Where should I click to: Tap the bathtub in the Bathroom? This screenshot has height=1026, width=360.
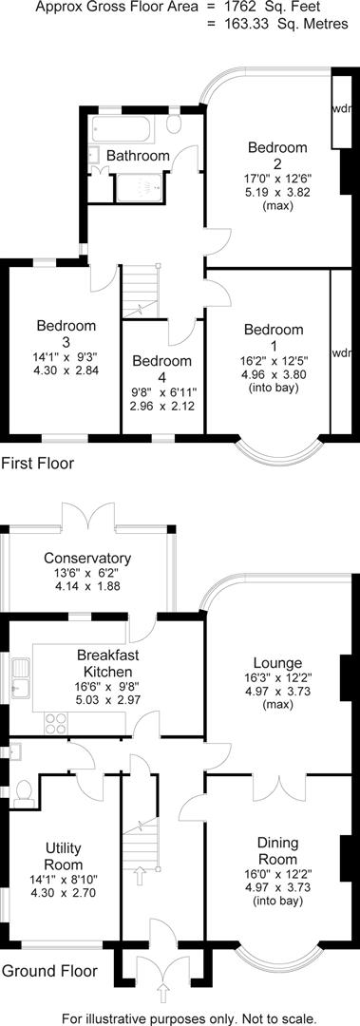pyautogui.click(x=126, y=129)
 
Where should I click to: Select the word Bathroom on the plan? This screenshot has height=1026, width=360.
pyautogui.click(x=138, y=156)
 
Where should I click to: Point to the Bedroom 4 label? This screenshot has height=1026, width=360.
pyautogui.click(x=162, y=369)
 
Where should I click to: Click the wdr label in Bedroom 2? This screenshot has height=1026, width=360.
pyautogui.click(x=341, y=108)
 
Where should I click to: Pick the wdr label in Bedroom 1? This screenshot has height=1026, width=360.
pyautogui.click(x=341, y=353)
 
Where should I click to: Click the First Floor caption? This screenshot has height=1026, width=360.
pyautogui.click(x=38, y=464)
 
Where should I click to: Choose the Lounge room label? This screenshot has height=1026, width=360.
pyautogui.click(x=277, y=662)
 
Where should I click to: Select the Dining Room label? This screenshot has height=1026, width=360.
pyautogui.click(x=277, y=850)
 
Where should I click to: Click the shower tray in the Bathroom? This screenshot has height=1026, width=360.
pyautogui.click(x=140, y=187)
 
